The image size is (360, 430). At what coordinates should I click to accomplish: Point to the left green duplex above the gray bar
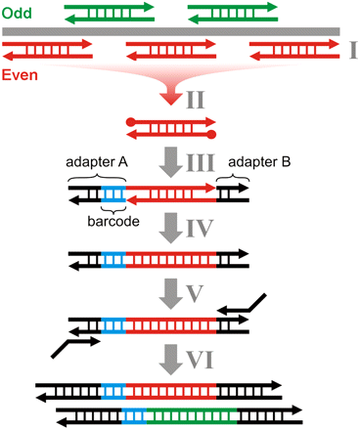tap(98, 16)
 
